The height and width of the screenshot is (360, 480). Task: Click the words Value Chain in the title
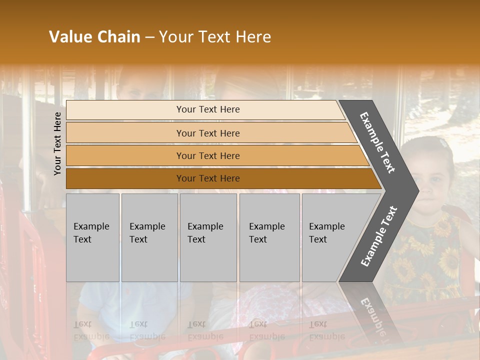click(94, 37)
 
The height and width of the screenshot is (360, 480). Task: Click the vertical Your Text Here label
click(57, 143)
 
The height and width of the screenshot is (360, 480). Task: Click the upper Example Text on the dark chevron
click(377, 143)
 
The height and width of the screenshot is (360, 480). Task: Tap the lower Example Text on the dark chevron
click(379, 236)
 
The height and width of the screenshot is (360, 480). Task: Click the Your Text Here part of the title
click(215, 37)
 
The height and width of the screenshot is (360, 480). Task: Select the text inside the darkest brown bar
click(208, 178)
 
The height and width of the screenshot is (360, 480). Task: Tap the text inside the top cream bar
click(208, 109)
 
